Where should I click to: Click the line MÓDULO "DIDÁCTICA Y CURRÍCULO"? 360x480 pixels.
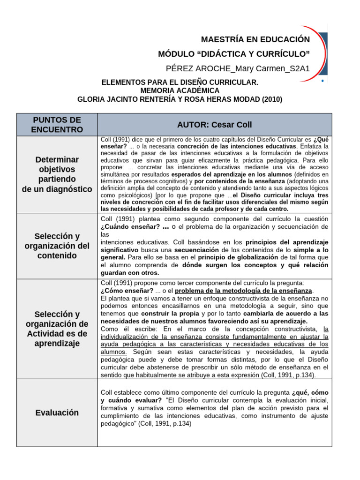pos(234,54)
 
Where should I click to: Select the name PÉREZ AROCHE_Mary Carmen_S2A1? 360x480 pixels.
pos(238,69)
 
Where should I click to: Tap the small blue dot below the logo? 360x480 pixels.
pos(322,81)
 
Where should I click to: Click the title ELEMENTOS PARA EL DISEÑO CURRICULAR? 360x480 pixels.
pos(180,82)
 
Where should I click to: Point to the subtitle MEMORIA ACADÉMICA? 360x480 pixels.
pos(180,90)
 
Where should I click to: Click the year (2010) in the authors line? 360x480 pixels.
pos(272,99)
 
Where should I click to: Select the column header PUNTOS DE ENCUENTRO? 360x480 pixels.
pos(57,125)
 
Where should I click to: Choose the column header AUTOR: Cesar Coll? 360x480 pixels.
pos(214,125)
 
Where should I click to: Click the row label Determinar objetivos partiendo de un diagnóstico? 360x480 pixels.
pos(57,174)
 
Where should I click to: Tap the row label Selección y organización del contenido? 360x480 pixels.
pos(57,246)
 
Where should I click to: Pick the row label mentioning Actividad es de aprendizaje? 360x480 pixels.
pos(57,329)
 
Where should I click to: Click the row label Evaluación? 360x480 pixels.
pos(57,412)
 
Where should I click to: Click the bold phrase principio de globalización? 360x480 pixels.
pos(238,257)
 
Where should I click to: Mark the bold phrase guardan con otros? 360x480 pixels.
pos(130,272)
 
